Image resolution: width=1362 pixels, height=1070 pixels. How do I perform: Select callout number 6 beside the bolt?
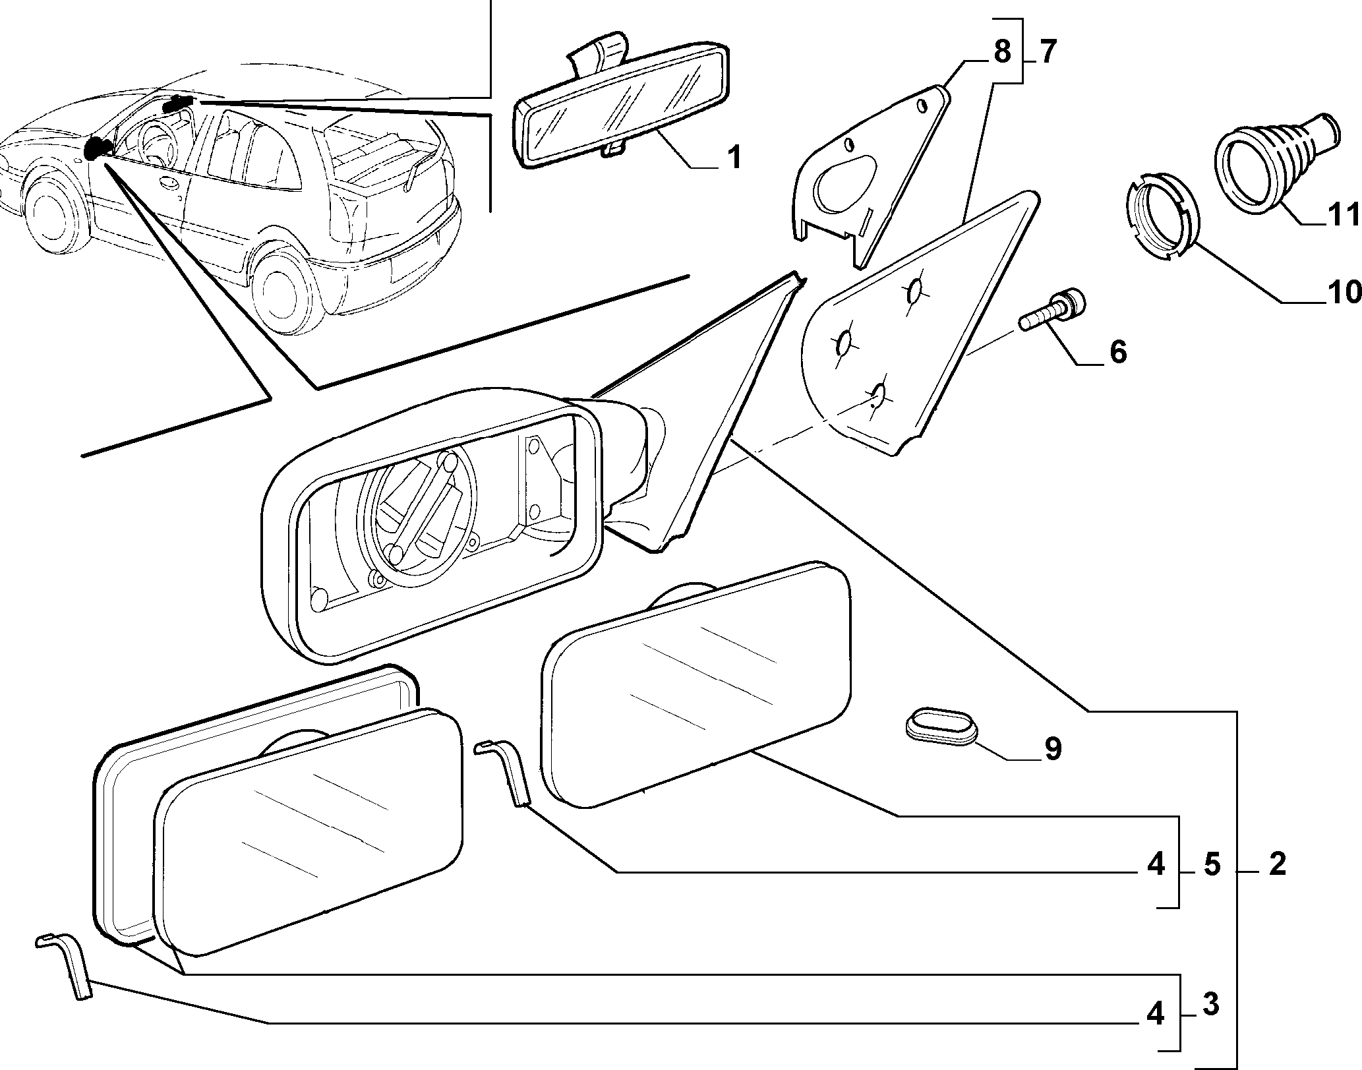[1117, 352]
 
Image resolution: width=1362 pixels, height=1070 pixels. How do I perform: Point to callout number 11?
[1344, 215]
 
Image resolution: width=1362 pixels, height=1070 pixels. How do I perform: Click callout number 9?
[1052, 749]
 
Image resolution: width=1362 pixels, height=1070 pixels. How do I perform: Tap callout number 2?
[1277, 864]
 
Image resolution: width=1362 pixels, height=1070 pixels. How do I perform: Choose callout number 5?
[1212, 864]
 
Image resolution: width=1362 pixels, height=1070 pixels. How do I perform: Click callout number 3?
[1210, 1004]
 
